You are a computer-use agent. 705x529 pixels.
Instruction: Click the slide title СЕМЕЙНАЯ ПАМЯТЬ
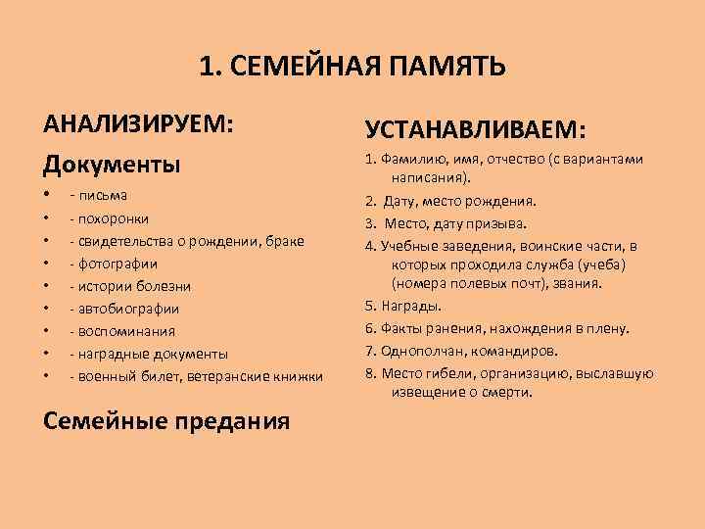tap(352, 67)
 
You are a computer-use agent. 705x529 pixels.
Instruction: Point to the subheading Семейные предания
tap(167, 420)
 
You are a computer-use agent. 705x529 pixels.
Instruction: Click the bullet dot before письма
tap(47, 195)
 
